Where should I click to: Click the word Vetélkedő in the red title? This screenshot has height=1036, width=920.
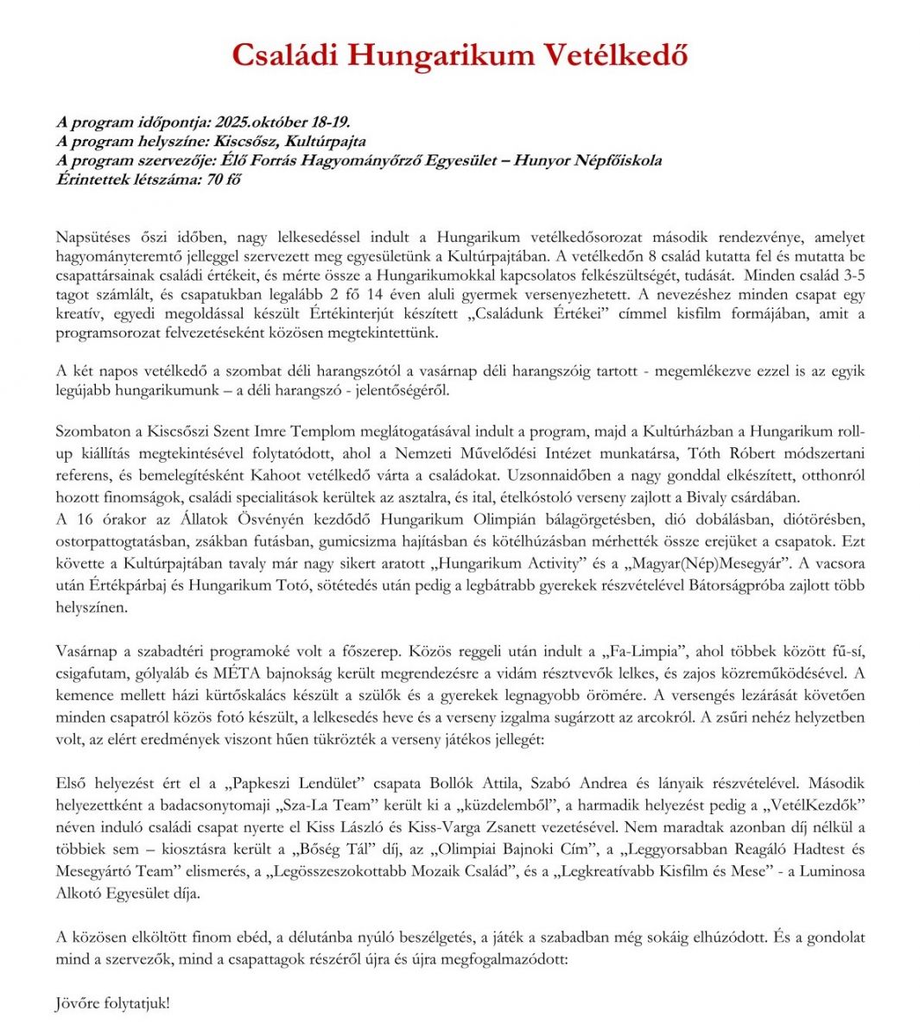click(x=616, y=55)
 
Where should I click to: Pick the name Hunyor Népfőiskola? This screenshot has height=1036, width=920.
click(x=587, y=161)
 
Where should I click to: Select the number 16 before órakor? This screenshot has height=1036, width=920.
click(x=86, y=520)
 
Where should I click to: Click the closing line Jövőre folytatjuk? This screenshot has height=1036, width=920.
click(x=113, y=1003)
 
